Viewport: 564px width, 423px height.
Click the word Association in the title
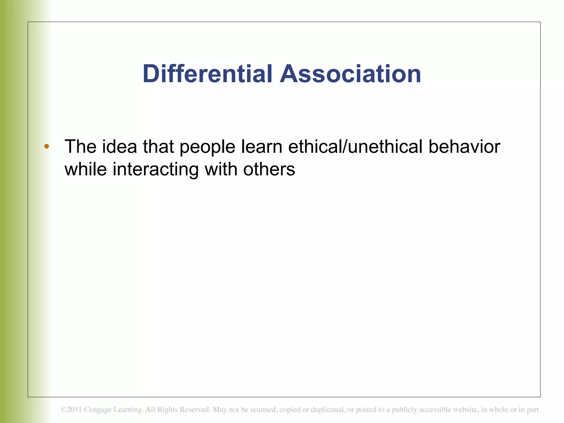[350, 74]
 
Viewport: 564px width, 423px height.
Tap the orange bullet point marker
[47, 146]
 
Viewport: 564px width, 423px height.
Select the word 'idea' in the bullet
[120, 146]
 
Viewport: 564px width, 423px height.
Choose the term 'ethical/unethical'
[355, 146]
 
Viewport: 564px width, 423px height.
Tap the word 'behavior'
[464, 146]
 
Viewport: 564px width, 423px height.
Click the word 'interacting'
[156, 169]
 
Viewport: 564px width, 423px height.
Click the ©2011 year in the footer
[71, 410]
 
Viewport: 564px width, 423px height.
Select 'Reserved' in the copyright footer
[195, 410]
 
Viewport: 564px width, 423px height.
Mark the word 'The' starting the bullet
[80, 146]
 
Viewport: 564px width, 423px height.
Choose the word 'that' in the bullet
[158, 146]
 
